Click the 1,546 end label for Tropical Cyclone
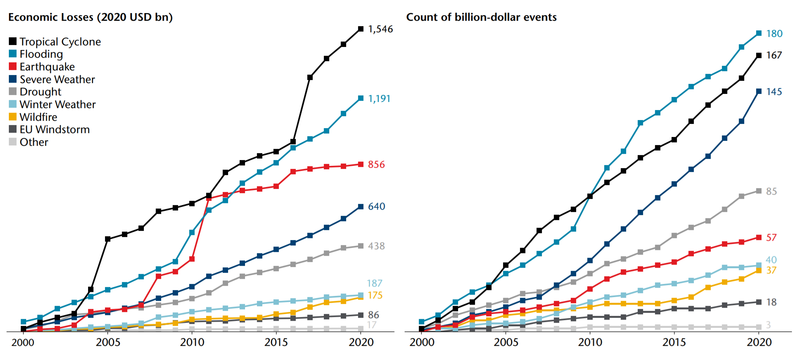[x=380, y=29]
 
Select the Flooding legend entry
[x=41, y=54]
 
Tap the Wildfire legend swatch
[x=13, y=117]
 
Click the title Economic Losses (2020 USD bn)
[x=90, y=17]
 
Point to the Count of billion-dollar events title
[x=481, y=17]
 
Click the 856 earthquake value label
[x=376, y=165]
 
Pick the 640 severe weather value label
[x=376, y=207]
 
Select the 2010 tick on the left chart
[x=192, y=342]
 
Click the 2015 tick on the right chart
[x=674, y=342]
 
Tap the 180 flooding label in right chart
[x=774, y=34]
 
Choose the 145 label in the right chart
[x=774, y=92]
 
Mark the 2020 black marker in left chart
[x=361, y=29]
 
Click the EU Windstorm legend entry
[x=54, y=130]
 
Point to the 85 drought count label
[x=771, y=192]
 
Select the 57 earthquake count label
[x=771, y=238]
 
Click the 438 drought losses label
[x=376, y=246]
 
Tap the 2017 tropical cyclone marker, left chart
[x=310, y=77]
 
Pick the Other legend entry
[x=34, y=142]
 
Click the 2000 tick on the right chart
[x=421, y=342]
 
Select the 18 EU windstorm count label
[x=771, y=302]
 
